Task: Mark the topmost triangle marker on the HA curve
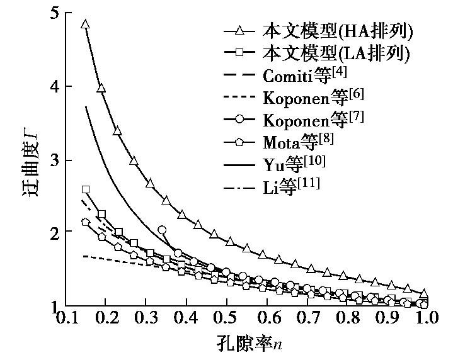(86, 25)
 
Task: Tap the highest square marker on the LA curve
(86, 189)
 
